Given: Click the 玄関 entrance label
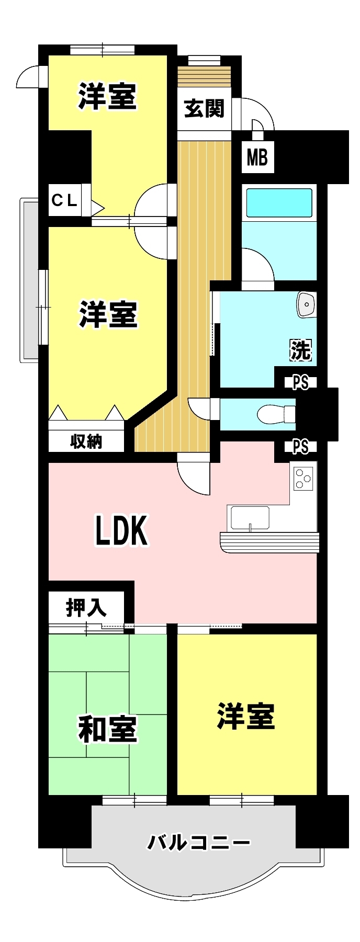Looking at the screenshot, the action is pos(204,109).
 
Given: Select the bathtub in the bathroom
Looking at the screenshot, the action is pos(279,202).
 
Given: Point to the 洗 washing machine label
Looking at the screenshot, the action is pos(300,350).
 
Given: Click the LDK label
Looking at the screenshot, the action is pos(121,530).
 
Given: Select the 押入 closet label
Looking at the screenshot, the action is pos(86,608).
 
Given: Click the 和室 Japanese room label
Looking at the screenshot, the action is pos(107,729).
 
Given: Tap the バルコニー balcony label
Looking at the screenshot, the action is pos(198,843).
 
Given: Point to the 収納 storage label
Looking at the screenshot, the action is pos(86,441).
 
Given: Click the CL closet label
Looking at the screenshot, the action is pos(64,200).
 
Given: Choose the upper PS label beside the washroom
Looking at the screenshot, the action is pos(300,383).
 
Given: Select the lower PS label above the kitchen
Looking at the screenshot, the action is pos(300,447).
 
